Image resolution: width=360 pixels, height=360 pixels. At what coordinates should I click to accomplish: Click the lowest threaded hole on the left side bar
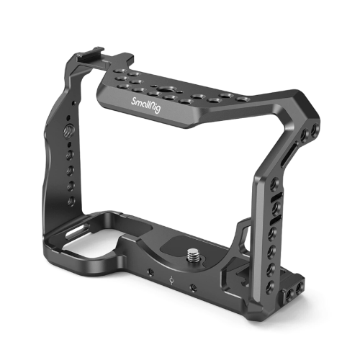coord(71,201)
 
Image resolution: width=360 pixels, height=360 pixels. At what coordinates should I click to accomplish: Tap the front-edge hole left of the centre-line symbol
coord(148,273)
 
